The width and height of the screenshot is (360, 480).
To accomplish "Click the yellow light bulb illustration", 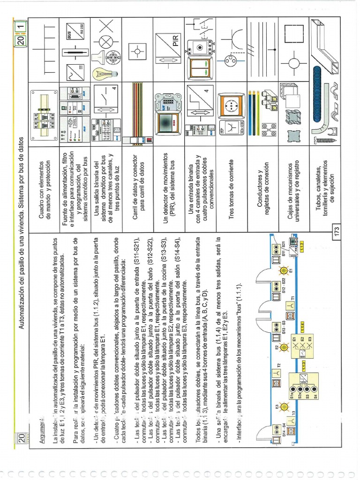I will tap(102, 73).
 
